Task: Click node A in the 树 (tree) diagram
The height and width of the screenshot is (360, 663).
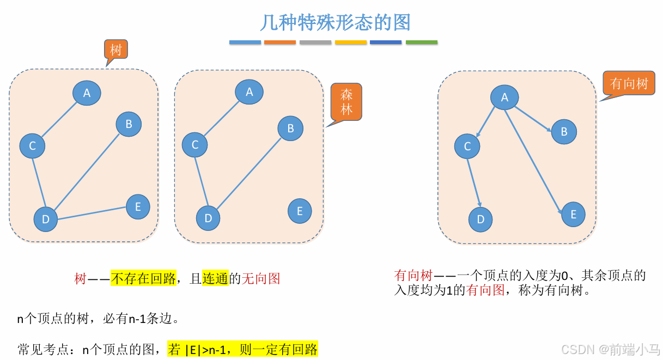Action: pyautogui.click(x=87, y=93)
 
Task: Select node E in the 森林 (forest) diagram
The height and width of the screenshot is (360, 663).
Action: pyautogui.click(x=300, y=211)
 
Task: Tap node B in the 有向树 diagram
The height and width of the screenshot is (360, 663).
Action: pyautogui.click(x=564, y=132)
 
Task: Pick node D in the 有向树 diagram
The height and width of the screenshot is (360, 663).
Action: pyautogui.click(x=480, y=219)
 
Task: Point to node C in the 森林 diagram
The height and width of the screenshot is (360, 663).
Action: pyautogui.click(x=195, y=145)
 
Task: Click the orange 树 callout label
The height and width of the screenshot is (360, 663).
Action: pyautogui.click(x=116, y=50)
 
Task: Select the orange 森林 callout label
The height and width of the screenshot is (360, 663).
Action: pyautogui.click(x=346, y=102)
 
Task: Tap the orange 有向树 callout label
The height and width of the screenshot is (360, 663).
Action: pyautogui.click(x=629, y=83)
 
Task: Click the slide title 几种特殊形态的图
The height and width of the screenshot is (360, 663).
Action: pyautogui.click(x=335, y=23)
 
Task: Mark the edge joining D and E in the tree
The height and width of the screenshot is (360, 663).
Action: pyautogui.click(x=93, y=213)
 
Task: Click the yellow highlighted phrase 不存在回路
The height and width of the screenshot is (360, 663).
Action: pyautogui.click(x=143, y=279)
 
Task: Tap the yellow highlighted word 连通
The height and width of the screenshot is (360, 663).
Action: pyautogui.click(x=215, y=279)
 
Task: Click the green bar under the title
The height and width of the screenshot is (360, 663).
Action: pyautogui.click(x=422, y=42)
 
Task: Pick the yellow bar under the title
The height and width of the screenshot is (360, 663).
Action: pyautogui.click(x=351, y=42)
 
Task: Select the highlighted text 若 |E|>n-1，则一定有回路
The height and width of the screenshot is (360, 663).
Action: pyautogui.click(x=242, y=349)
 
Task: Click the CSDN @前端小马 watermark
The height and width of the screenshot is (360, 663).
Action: pyautogui.click(x=610, y=349)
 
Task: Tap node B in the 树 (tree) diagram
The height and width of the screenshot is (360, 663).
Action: pyautogui.click(x=129, y=124)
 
